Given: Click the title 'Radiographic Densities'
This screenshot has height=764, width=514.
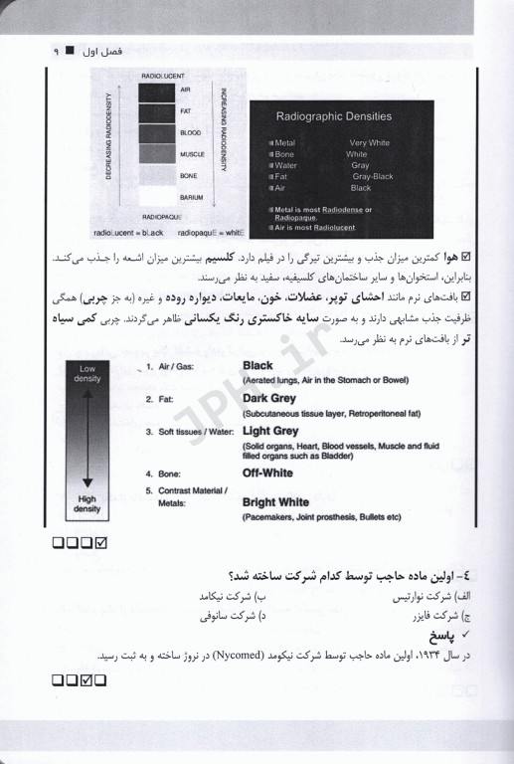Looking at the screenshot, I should click(x=333, y=116).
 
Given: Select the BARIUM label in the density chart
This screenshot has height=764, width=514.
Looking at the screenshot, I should click(x=192, y=197).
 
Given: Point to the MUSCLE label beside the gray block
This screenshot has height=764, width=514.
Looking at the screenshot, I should click(x=192, y=154).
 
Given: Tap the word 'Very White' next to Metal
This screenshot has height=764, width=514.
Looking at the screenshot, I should click(x=370, y=143).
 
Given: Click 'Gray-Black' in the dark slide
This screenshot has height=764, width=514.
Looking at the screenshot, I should click(x=373, y=176).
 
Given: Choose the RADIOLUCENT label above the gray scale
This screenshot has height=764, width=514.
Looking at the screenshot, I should click(x=163, y=76).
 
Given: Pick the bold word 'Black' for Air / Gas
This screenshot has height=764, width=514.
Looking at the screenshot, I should click(x=257, y=366).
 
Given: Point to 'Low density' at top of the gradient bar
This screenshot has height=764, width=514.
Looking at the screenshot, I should click(x=86, y=373).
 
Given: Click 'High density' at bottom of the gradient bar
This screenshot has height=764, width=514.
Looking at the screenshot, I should click(x=86, y=504).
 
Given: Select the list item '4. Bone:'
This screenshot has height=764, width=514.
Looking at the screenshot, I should click(x=166, y=474).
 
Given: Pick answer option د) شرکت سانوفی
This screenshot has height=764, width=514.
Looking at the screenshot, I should click(x=233, y=616).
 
